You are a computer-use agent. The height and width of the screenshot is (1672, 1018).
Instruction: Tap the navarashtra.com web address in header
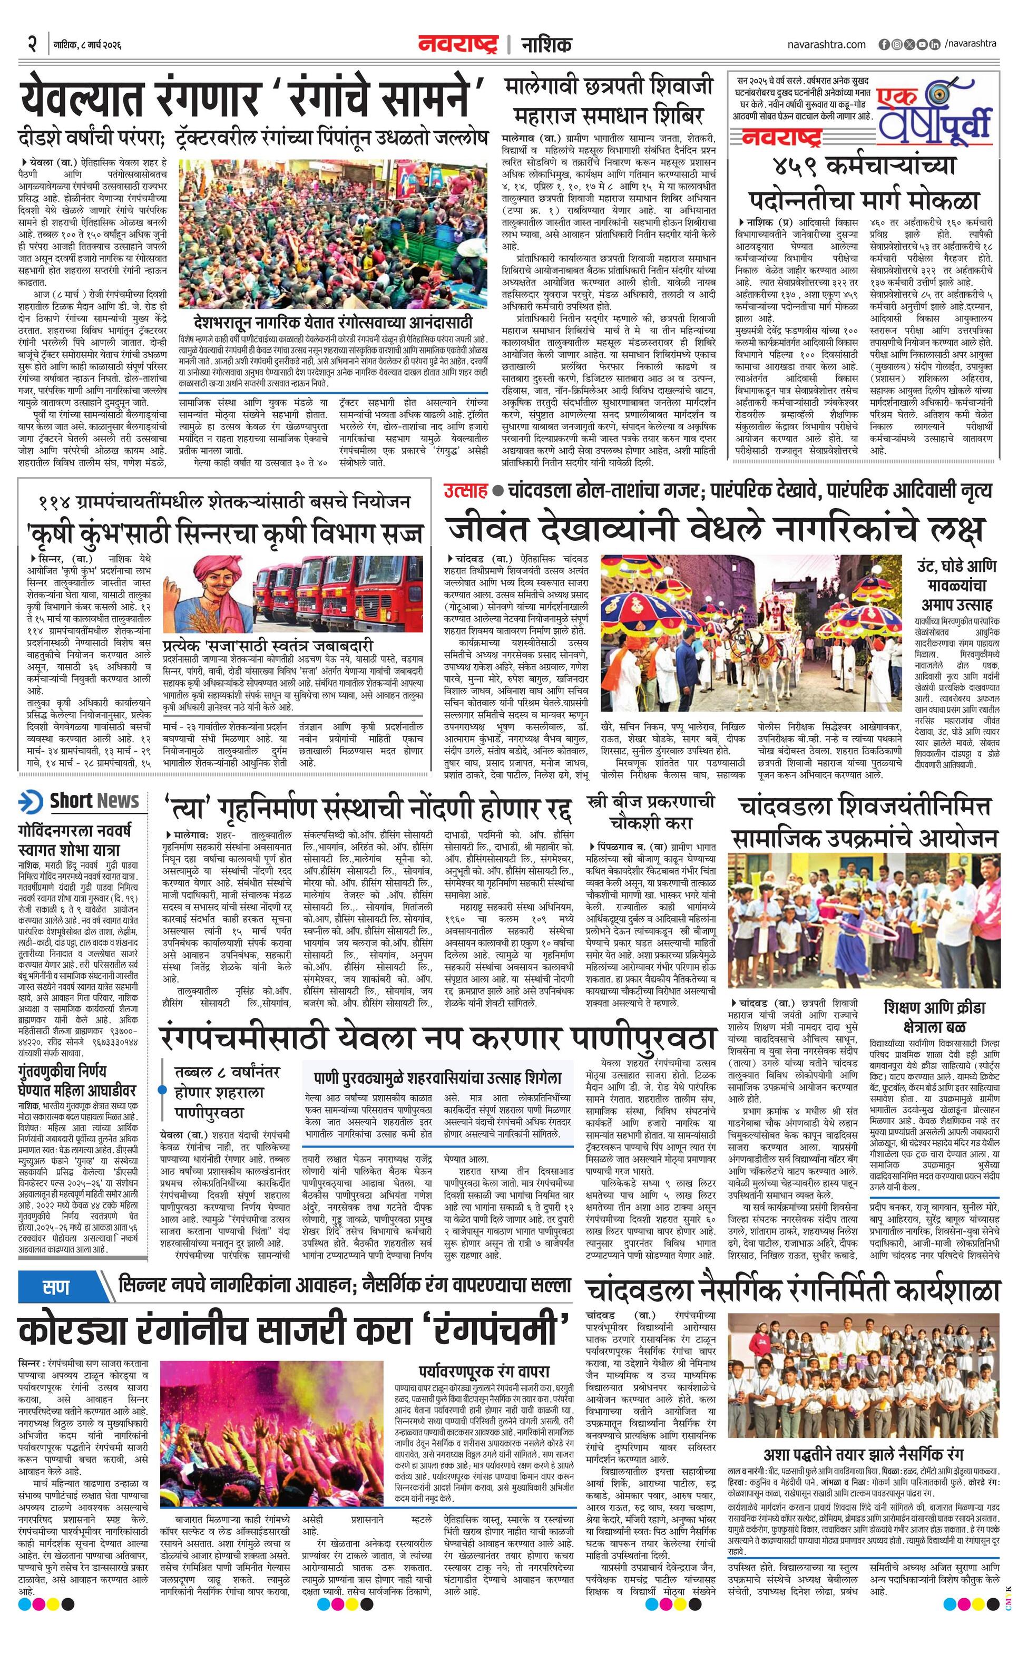click(x=827, y=45)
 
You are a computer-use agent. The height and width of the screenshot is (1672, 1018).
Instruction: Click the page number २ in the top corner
click(x=32, y=45)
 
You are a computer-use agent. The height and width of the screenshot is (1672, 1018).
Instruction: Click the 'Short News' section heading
click(x=94, y=801)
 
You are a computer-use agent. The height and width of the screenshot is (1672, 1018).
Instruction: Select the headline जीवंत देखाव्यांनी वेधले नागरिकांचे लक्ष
click(x=713, y=529)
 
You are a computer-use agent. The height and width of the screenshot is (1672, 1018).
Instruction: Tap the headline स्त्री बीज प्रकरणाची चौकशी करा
click(x=651, y=812)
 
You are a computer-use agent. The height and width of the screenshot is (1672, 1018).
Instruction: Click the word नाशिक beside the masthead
click(x=545, y=45)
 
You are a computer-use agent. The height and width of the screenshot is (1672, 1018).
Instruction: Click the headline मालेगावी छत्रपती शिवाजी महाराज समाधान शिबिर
click(x=609, y=100)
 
